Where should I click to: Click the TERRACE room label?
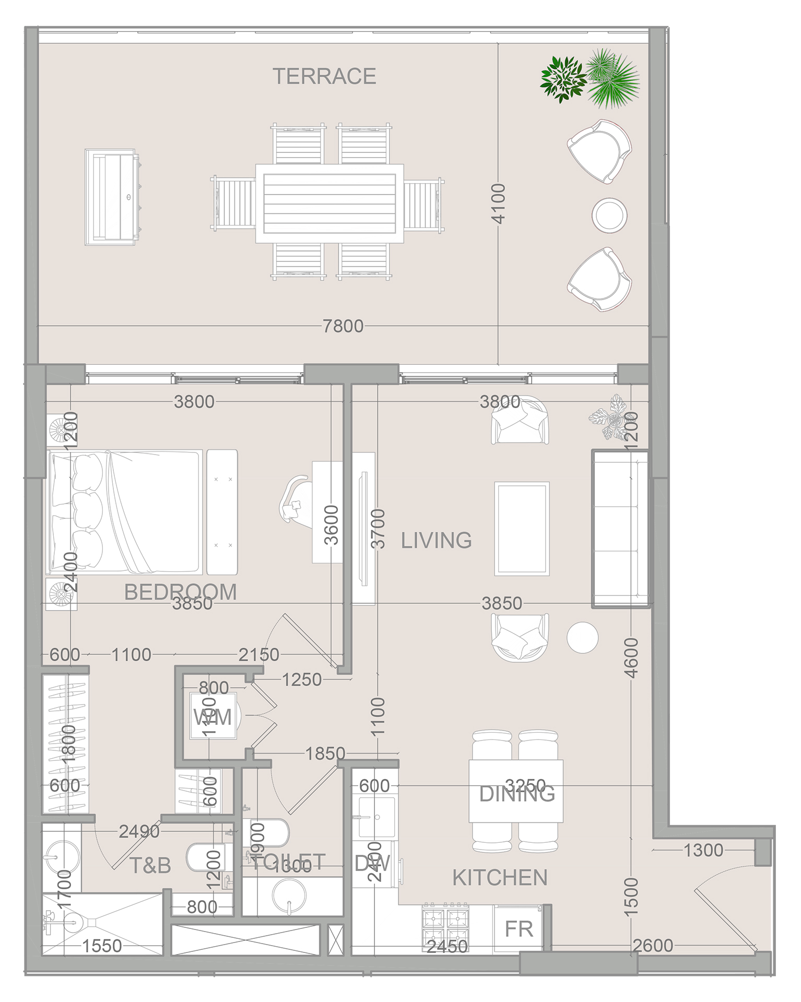click(324, 76)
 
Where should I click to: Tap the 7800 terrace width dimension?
click(343, 326)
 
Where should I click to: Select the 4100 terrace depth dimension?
click(499, 204)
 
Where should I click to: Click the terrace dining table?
click(329, 204)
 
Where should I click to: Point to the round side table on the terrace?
click(609, 215)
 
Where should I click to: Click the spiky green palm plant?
click(612, 78)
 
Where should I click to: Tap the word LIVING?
click(436, 540)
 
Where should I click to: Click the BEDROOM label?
click(180, 591)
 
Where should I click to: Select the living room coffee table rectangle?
click(522, 529)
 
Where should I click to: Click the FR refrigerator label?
click(519, 929)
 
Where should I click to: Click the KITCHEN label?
click(500, 878)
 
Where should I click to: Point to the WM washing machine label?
click(213, 718)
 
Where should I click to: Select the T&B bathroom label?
click(150, 866)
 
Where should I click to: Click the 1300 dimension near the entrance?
click(703, 850)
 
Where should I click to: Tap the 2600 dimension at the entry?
click(653, 945)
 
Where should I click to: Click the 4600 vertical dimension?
click(631, 658)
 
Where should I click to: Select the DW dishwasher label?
click(372, 864)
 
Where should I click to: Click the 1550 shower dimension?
click(102, 946)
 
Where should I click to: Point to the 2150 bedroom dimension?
click(258, 654)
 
